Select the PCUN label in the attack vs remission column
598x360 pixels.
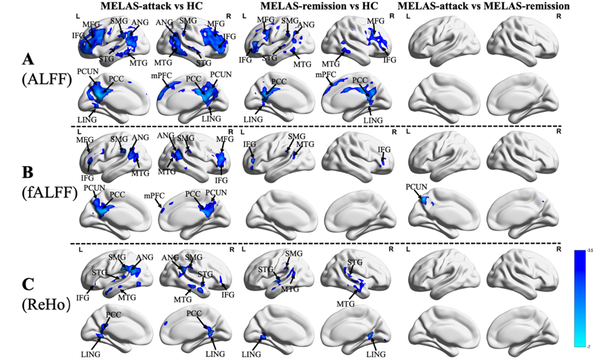pos(417,187)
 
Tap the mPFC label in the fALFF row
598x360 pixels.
pos(153,195)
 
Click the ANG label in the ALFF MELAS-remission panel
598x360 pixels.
pos(306,25)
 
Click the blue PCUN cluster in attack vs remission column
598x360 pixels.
pos(426,201)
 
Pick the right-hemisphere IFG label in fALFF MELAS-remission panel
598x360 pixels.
pos(384,150)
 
